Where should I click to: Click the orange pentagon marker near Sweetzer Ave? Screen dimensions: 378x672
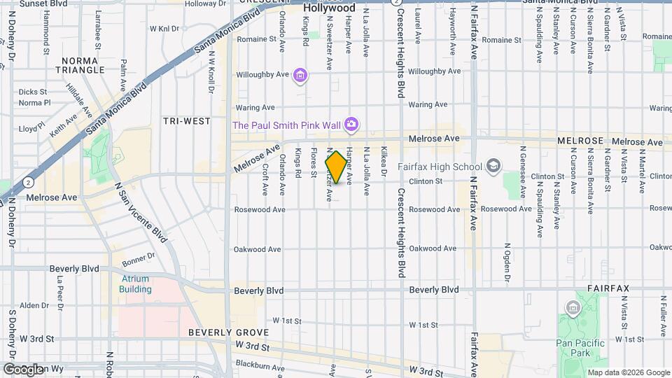click(336, 168)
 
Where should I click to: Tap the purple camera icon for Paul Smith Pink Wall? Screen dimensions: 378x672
click(351, 125)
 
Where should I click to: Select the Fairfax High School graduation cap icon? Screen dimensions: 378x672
click(494, 166)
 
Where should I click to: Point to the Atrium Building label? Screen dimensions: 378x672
click(134, 283)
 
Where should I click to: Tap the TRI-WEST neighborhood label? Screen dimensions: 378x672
click(187, 121)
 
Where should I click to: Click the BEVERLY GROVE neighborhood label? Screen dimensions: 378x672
click(219, 332)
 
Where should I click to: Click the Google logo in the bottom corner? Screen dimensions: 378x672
click(23, 369)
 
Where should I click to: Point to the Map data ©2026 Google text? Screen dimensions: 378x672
click(628, 372)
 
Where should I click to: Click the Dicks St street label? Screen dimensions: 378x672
click(33, 92)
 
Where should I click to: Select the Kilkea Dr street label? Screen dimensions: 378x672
click(384, 160)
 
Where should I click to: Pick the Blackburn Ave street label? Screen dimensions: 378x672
click(259, 365)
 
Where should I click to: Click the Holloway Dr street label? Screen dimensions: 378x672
click(206, 3)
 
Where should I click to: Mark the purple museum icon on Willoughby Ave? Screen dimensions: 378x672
click(300, 75)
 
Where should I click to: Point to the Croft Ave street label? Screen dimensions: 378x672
click(265, 180)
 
